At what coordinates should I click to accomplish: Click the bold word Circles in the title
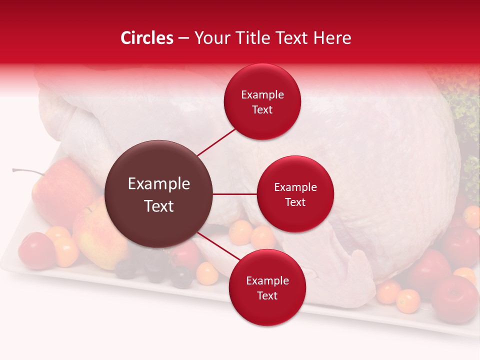(x=147, y=38)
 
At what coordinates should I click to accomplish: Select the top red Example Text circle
(x=262, y=101)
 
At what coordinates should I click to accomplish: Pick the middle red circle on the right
(x=295, y=194)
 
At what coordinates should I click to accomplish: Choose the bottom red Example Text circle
(x=267, y=287)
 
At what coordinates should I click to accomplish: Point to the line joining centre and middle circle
(x=235, y=194)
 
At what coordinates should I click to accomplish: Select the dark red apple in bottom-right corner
(x=454, y=299)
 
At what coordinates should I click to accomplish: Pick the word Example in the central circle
(x=159, y=184)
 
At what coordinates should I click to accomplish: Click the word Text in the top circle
(x=262, y=109)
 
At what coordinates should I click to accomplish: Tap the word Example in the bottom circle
(x=267, y=280)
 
